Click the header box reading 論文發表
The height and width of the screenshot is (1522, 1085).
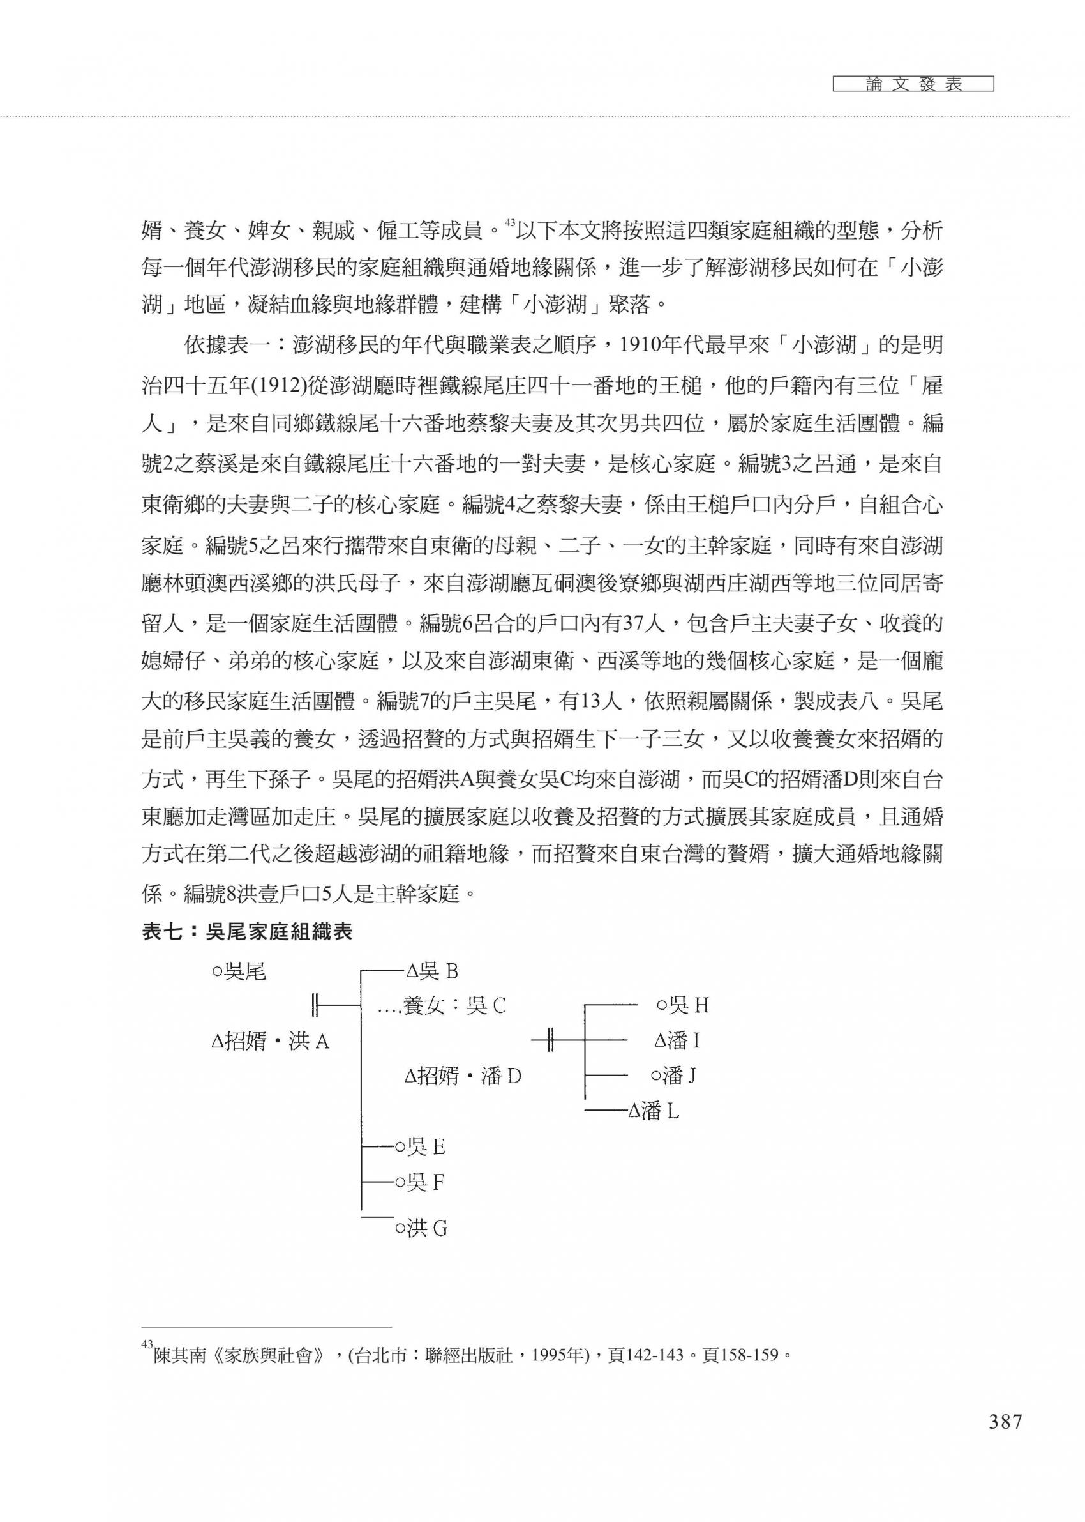[x=913, y=84]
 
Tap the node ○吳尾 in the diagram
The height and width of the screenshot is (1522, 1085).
[x=239, y=971]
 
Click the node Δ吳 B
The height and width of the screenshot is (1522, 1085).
[x=431, y=971]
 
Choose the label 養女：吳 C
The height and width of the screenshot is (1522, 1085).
[x=454, y=1006]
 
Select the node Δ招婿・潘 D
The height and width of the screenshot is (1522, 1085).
[x=463, y=1076]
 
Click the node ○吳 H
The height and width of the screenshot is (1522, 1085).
[x=682, y=1005]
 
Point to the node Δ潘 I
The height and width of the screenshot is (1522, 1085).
[x=677, y=1040]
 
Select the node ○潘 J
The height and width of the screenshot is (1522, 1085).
[x=674, y=1076]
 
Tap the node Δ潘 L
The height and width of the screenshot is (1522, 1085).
[x=654, y=1111]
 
